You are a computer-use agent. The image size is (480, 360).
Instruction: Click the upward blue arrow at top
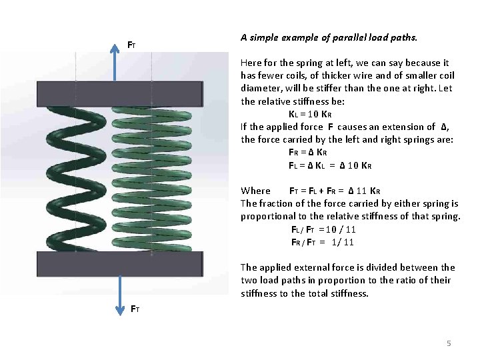click(119, 60)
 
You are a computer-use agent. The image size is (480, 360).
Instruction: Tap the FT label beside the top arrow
click(132, 45)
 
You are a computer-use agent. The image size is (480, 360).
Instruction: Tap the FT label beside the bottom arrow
click(135, 309)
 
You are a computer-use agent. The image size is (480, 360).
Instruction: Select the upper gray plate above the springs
click(120, 93)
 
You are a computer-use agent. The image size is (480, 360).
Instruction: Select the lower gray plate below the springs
click(120, 263)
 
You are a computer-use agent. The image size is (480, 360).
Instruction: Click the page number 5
click(449, 343)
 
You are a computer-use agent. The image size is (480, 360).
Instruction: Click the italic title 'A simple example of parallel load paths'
click(329, 37)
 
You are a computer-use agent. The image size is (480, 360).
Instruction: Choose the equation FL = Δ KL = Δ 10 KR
click(329, 165)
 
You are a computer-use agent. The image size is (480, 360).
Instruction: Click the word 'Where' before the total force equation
click(255, 191)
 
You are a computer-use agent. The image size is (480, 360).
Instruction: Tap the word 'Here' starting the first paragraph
click(251, 63)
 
